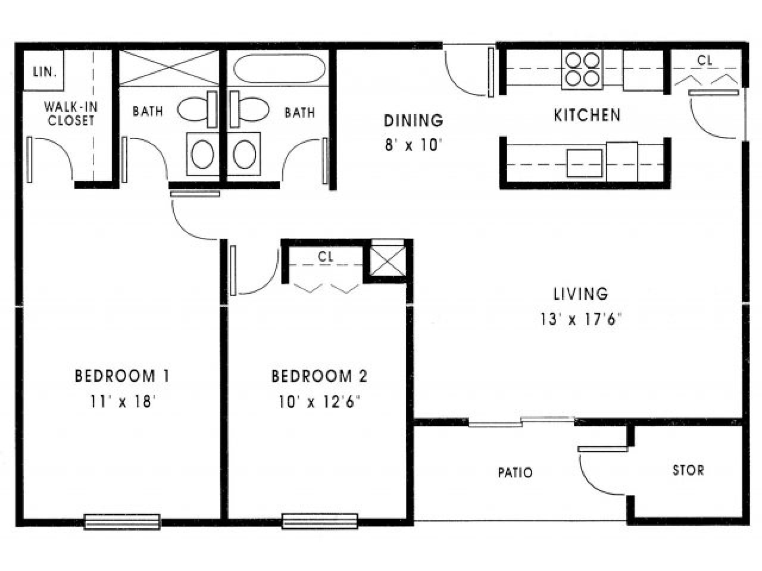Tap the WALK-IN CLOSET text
pos(71,114)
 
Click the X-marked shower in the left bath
pos(170,68)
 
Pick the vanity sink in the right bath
pos(243,154)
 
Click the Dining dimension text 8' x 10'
pos(413,146)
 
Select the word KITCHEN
pos(587,115)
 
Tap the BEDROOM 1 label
pos(122,376)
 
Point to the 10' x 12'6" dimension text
pos(320,403)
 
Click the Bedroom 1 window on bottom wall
pos(122,521)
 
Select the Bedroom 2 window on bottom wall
pos(320,521)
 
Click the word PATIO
pos(515,473)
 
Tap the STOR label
pos(688,470)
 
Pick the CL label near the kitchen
pos(705,60)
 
